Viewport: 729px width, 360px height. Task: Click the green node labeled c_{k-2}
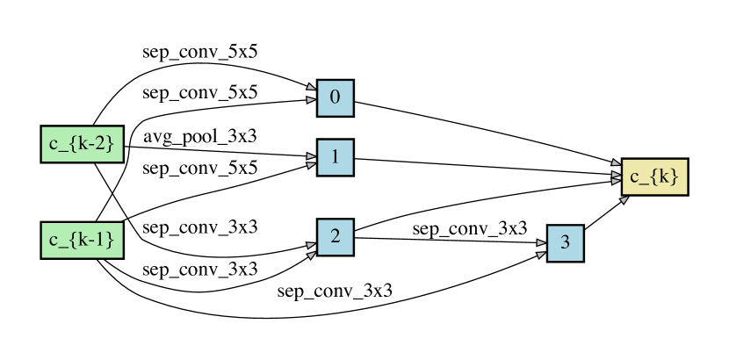[x=82, y=144]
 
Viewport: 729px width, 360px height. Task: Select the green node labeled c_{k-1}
[x=82, y=240]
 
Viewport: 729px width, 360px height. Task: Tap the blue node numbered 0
[x=335, y=97]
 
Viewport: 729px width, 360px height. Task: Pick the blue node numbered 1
[x=335, y=157]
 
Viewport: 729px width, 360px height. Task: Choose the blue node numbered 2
[x=335, y=237]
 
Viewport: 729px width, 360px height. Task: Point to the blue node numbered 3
[x=565, y=243]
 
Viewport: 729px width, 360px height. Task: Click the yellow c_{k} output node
[x=654, y=177]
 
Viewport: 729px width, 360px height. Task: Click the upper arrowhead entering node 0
[x=311, y=88]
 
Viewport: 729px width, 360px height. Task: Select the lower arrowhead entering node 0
[x=311, y=100]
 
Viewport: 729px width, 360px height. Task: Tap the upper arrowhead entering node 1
[x=311, y=155]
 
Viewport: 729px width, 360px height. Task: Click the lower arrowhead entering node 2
[x=311, y=256]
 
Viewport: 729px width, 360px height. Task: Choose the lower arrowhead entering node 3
[x=541, y=255]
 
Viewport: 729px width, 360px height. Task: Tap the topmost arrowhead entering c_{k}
[x=616, y=163]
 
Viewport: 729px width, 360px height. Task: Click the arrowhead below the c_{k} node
[x=624, y=200]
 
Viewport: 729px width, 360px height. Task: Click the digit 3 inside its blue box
[x=565, y=243]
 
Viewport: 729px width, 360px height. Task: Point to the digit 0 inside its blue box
[x=335, y=97]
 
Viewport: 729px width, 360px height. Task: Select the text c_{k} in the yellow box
[x=654, y=177]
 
